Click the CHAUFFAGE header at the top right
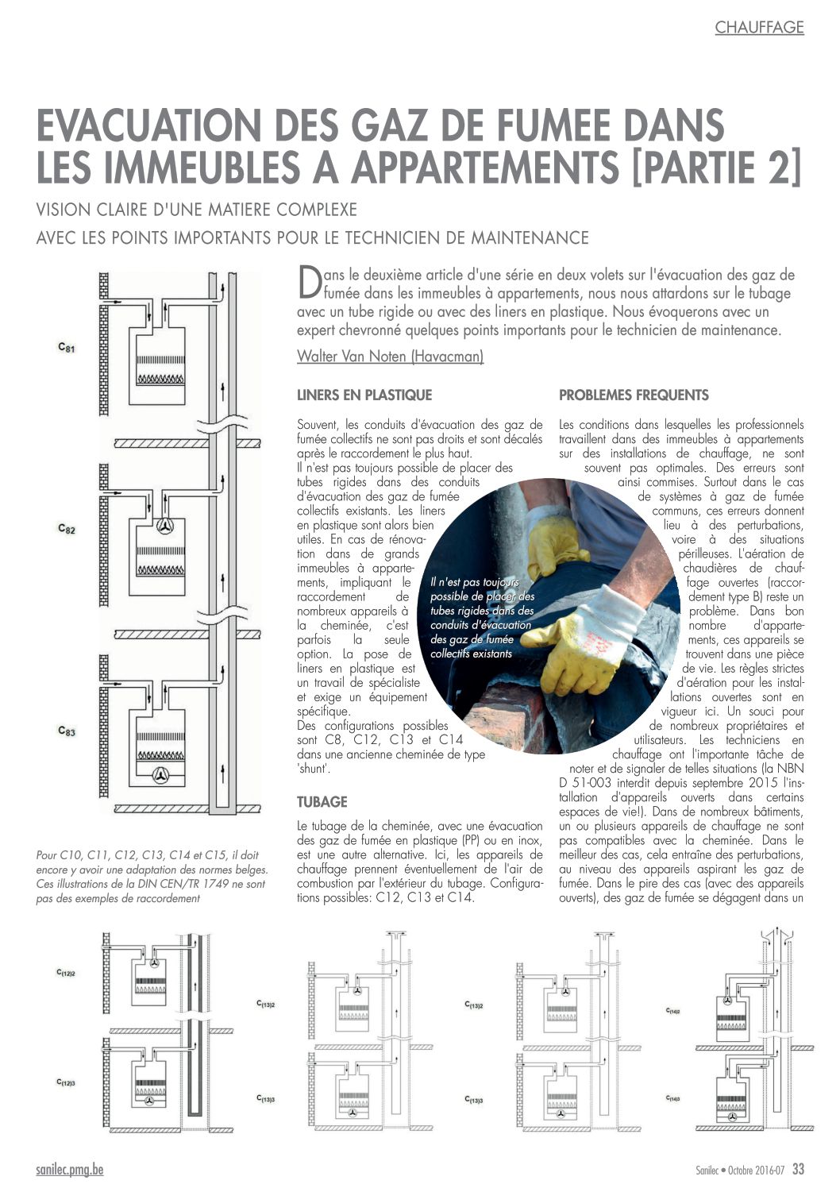[x=759, y=27]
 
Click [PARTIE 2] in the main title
[x=716, y=168]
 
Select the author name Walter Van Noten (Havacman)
[x=391, y=356]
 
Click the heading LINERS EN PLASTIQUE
[x=364, y=395]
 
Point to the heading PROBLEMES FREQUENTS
[x=634, y=395]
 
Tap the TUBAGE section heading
[x=322, y=802]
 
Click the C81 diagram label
[x=66, y=348]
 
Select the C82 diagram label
[x=66, y=529]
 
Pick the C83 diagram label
[x=66, y=731]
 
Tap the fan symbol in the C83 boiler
[x=160, y=775]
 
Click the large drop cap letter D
[x=309, y=282]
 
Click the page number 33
[x=798, y=1168]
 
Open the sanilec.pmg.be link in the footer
[x=69, y=1169]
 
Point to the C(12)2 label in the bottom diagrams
[x=66, y=973]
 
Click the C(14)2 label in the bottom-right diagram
[x=673, y=1011]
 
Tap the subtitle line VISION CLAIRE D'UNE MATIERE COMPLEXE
[x=196, y=210]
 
